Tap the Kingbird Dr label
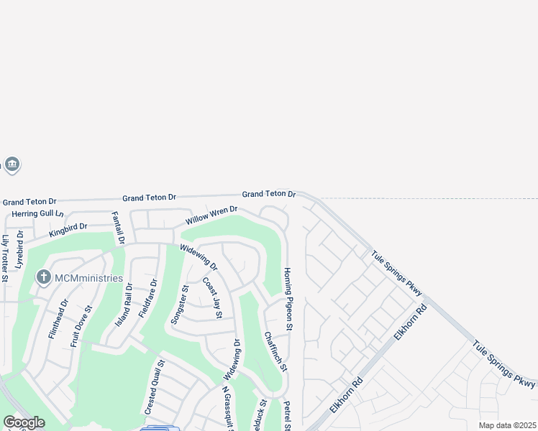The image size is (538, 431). click(x=68, y=230)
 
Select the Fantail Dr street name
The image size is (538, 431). click(x=118, y=228)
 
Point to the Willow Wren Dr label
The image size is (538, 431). click(x=211, y=215)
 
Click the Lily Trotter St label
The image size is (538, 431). click(x=6, y=258)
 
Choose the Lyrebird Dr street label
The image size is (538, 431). click(x=20, y=249)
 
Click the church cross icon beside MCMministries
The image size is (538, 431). click(x=44, y=277)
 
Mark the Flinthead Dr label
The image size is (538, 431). click(x=58, y=319)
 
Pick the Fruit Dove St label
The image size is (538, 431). click(x=81, y=327)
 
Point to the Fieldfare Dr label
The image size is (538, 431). click(x=147, y=300)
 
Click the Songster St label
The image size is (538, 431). click(x=179, y=305)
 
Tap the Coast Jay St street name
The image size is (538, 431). click(x=213, y=298)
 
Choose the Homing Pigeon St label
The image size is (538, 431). click(x=288, y=300)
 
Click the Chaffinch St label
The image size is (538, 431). click(x=275, y=351)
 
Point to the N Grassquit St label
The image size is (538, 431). click(x=227, y=409)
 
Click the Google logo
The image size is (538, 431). click(x=24, y=422)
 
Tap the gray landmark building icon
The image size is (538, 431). click(x=12, y=165)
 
